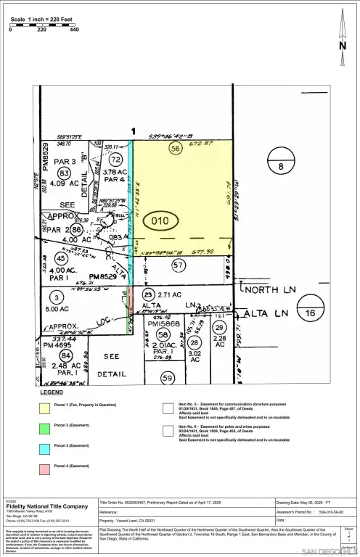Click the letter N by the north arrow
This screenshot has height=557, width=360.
click(x=343, y=45)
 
